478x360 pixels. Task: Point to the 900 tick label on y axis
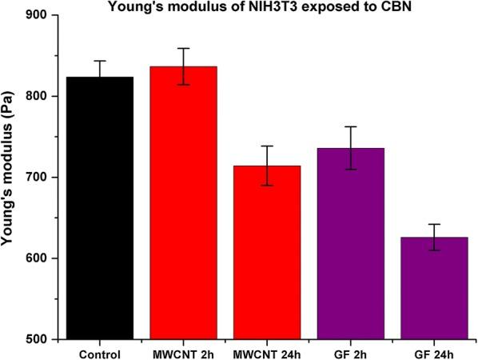click(36, 15)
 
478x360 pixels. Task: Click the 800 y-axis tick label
click(36, 97)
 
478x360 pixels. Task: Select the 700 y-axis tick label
click(36, 178)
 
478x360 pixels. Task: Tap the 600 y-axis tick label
click(36, 258)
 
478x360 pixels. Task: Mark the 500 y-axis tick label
click(36, 339)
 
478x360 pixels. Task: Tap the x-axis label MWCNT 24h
click(267, 353)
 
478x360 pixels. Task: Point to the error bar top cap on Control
click(100, 61)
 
